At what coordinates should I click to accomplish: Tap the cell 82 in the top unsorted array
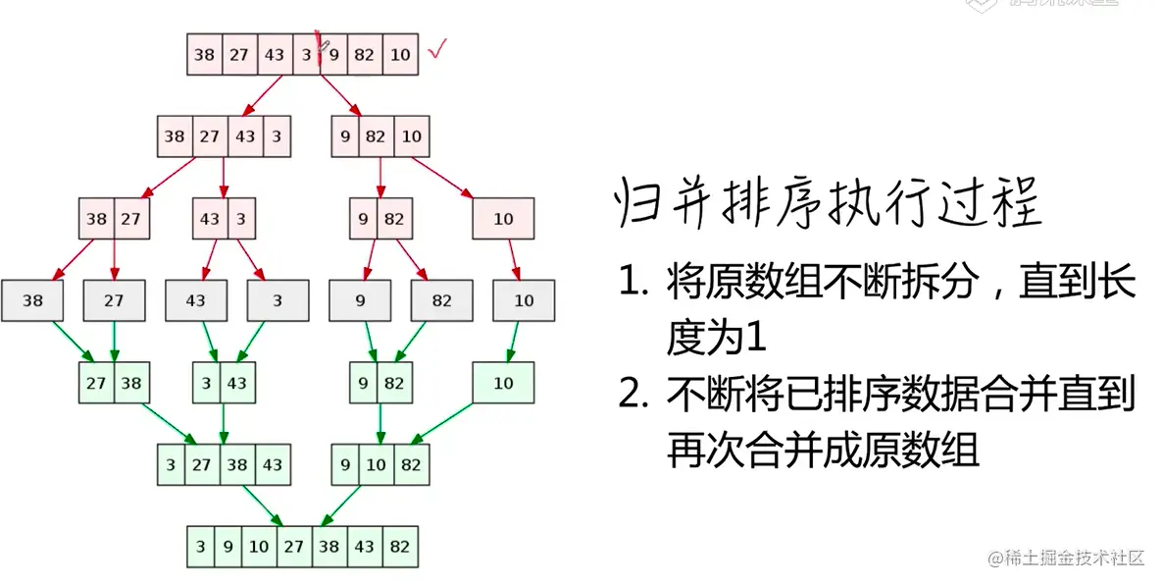[365, 55]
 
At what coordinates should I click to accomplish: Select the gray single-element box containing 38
[33, 301]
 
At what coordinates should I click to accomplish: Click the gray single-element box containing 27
[115, 301]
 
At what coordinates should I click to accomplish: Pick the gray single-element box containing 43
[196, 301]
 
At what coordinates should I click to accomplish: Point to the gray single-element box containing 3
[278, 301]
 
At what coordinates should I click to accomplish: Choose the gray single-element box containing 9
[360, 301]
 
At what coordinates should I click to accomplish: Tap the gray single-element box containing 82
[442, 301]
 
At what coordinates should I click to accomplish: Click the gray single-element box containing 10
[524, 301]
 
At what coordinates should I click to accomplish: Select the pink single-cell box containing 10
[503, 219]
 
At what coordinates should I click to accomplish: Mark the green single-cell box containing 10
[503, 383]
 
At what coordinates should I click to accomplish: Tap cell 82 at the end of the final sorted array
[399, 547]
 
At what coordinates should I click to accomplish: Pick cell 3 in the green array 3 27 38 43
[171, 465]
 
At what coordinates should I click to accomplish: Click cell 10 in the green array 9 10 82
[377, 465]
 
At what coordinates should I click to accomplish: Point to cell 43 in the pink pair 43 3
[209, 219]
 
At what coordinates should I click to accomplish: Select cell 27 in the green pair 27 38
[96, 383]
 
